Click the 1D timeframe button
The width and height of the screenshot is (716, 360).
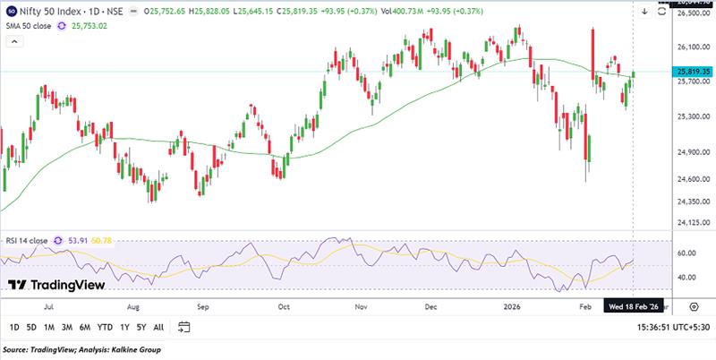(13, 327)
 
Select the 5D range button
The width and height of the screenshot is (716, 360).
(33, 327)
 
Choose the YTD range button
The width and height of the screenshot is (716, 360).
(104, 327)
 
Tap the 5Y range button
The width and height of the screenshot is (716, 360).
(141, 327)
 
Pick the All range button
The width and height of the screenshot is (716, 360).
(159, 327)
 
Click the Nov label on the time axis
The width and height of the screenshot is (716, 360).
(361, 305)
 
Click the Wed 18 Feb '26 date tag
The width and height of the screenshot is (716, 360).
(634, 305)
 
